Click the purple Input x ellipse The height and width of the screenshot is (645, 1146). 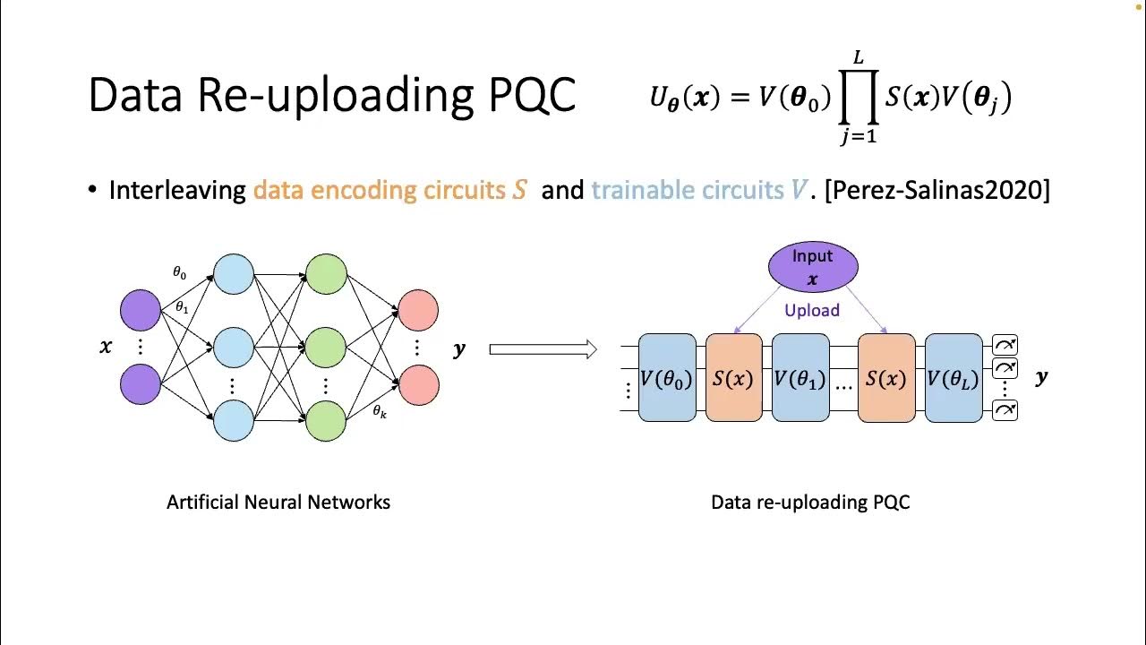click(813, 267)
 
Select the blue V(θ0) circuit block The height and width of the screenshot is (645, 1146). click(667, 378)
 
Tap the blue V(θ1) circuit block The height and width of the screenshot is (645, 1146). click(800, 378)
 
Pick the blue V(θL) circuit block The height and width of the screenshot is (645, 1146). click(954, 378)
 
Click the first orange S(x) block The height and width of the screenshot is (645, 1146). click(733, 378)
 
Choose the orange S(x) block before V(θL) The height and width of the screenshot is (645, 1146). click(886, 378)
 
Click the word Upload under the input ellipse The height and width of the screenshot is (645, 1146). click(812, 311)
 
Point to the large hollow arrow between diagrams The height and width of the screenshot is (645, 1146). click(543, 349)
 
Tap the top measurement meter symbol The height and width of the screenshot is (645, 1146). click(1005, 345)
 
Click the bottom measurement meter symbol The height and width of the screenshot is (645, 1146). click(1005, 410)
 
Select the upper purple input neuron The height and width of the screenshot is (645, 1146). click(141, 310)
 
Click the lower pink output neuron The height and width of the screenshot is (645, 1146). click(418, 384)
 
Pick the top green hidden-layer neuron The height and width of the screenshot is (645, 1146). click(326, 275)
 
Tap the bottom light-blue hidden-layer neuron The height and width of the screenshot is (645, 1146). click(234, 420)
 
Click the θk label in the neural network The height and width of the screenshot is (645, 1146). click(380, 412)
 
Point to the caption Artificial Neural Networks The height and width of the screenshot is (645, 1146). click(278, 503)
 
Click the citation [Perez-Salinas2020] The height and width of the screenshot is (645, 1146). click(936, 190)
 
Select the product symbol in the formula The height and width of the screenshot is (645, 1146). click(857, 99)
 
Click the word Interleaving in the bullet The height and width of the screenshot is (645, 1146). click(177, 190)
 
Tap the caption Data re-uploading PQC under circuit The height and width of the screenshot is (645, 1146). click(810, 503)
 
